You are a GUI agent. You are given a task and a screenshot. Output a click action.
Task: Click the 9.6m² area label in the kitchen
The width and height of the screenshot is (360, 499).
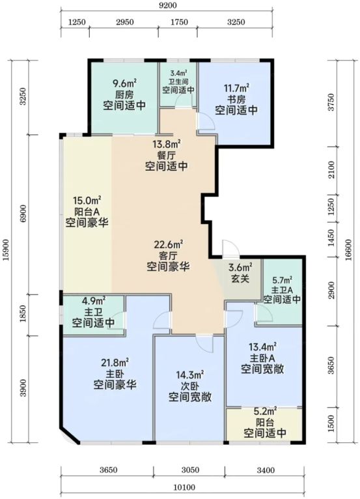124,83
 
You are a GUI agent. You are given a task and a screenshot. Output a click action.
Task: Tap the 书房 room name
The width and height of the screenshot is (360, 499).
236,99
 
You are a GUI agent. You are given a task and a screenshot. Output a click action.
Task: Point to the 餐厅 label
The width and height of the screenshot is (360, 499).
166,155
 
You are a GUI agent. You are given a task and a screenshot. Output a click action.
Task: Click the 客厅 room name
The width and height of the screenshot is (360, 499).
168,255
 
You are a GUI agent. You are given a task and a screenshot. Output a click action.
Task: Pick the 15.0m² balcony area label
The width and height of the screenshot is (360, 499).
87,201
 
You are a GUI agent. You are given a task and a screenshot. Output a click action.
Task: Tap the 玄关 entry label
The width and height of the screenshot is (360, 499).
240,278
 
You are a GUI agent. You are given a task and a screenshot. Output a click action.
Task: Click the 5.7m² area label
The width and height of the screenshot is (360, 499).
283,280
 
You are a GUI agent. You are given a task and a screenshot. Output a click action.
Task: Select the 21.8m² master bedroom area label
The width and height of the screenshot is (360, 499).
115,362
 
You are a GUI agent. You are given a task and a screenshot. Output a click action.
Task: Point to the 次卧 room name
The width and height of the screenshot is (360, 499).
190,386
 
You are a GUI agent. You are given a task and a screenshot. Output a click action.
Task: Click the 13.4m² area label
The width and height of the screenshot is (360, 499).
262,347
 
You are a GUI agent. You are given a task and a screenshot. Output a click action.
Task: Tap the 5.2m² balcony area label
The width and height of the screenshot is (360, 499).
265,412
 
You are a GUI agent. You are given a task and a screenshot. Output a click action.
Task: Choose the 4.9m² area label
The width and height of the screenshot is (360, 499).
94,300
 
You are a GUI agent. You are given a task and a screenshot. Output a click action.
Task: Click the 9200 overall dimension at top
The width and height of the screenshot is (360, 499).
167,5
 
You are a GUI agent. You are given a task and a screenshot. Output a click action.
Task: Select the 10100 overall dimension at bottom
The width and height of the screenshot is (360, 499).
184,487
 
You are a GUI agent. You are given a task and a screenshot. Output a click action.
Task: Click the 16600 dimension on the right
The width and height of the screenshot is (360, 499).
348,250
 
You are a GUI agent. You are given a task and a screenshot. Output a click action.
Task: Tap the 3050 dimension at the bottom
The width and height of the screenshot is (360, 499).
190,470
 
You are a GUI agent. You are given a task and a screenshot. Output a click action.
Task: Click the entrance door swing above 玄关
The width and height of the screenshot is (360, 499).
230,248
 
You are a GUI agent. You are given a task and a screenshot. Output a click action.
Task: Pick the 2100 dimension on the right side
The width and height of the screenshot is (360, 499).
331,169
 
